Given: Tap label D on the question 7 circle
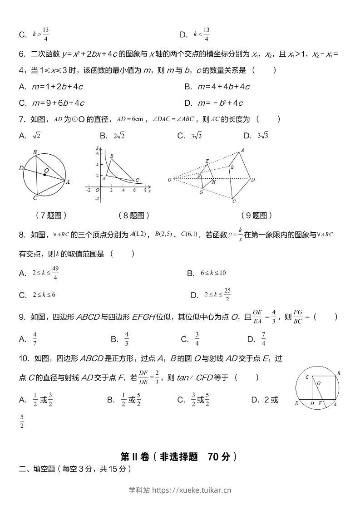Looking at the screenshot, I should click(21, 168).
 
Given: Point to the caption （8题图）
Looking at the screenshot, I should click(133, 215).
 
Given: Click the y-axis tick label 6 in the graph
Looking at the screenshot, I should click(96, 154).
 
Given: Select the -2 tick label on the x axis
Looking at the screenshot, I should click(89, 190).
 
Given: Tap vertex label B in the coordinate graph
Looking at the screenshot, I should click(112, 156).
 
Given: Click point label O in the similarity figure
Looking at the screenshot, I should click(169, 180).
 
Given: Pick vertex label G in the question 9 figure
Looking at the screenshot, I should click(201, 192).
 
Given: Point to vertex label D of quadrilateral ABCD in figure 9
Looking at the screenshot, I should click(253, 180).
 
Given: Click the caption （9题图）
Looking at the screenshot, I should click(256, 215).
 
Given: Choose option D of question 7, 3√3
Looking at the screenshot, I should click(257, 136).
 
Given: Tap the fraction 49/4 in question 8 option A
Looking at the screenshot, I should click(55, 273).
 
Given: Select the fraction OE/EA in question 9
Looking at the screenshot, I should click(257, 317).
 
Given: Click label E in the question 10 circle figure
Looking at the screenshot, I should click(296, 403).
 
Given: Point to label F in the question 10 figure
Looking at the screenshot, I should click(320, 403).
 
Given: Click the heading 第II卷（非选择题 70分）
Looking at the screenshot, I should click(179, 456).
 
